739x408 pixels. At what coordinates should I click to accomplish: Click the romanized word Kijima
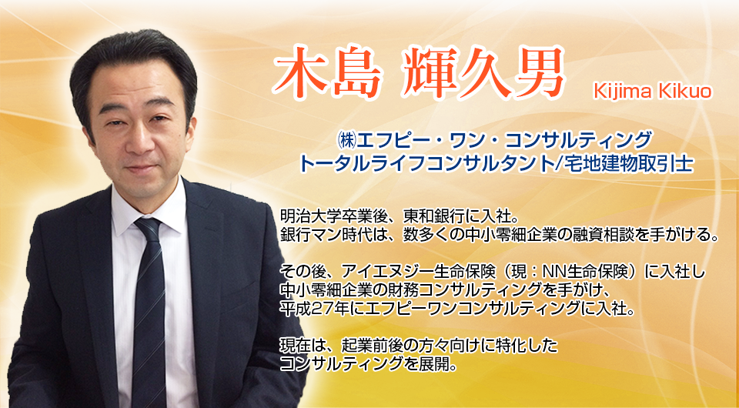pyautogui.click(x=620, y=92)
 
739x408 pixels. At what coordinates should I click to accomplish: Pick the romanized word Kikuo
pyautogui.click(x=683, y=92)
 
